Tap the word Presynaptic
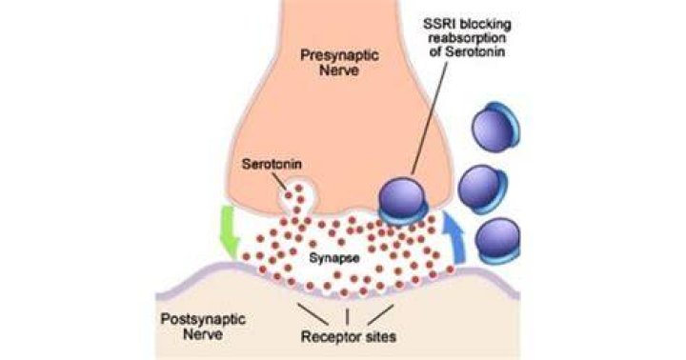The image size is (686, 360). (x=339, y=55)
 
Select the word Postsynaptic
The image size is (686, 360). (x=203, y=319)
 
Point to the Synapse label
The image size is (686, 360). (x=334, y=258)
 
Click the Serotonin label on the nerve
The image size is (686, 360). (x=272, y=164)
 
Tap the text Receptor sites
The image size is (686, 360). (x=349, y=336)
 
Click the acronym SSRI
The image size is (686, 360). (x=440, y=24)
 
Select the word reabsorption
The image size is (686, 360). (x=467, y=38)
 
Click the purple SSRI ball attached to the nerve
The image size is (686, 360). (x=402, y=200)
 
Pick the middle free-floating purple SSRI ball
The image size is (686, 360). (x=482, y=189)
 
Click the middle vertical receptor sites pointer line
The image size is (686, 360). (x=347, y=317)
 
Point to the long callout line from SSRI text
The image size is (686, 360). (x=430, y=118)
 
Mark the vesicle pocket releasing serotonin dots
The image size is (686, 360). (x=296, y=198)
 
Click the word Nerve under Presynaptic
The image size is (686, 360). (x=339, y=70)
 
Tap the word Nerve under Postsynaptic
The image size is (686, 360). (x=203, y=334)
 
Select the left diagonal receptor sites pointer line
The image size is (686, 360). (x=313, y=314)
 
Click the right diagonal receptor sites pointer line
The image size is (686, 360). (x=380, y=315)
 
